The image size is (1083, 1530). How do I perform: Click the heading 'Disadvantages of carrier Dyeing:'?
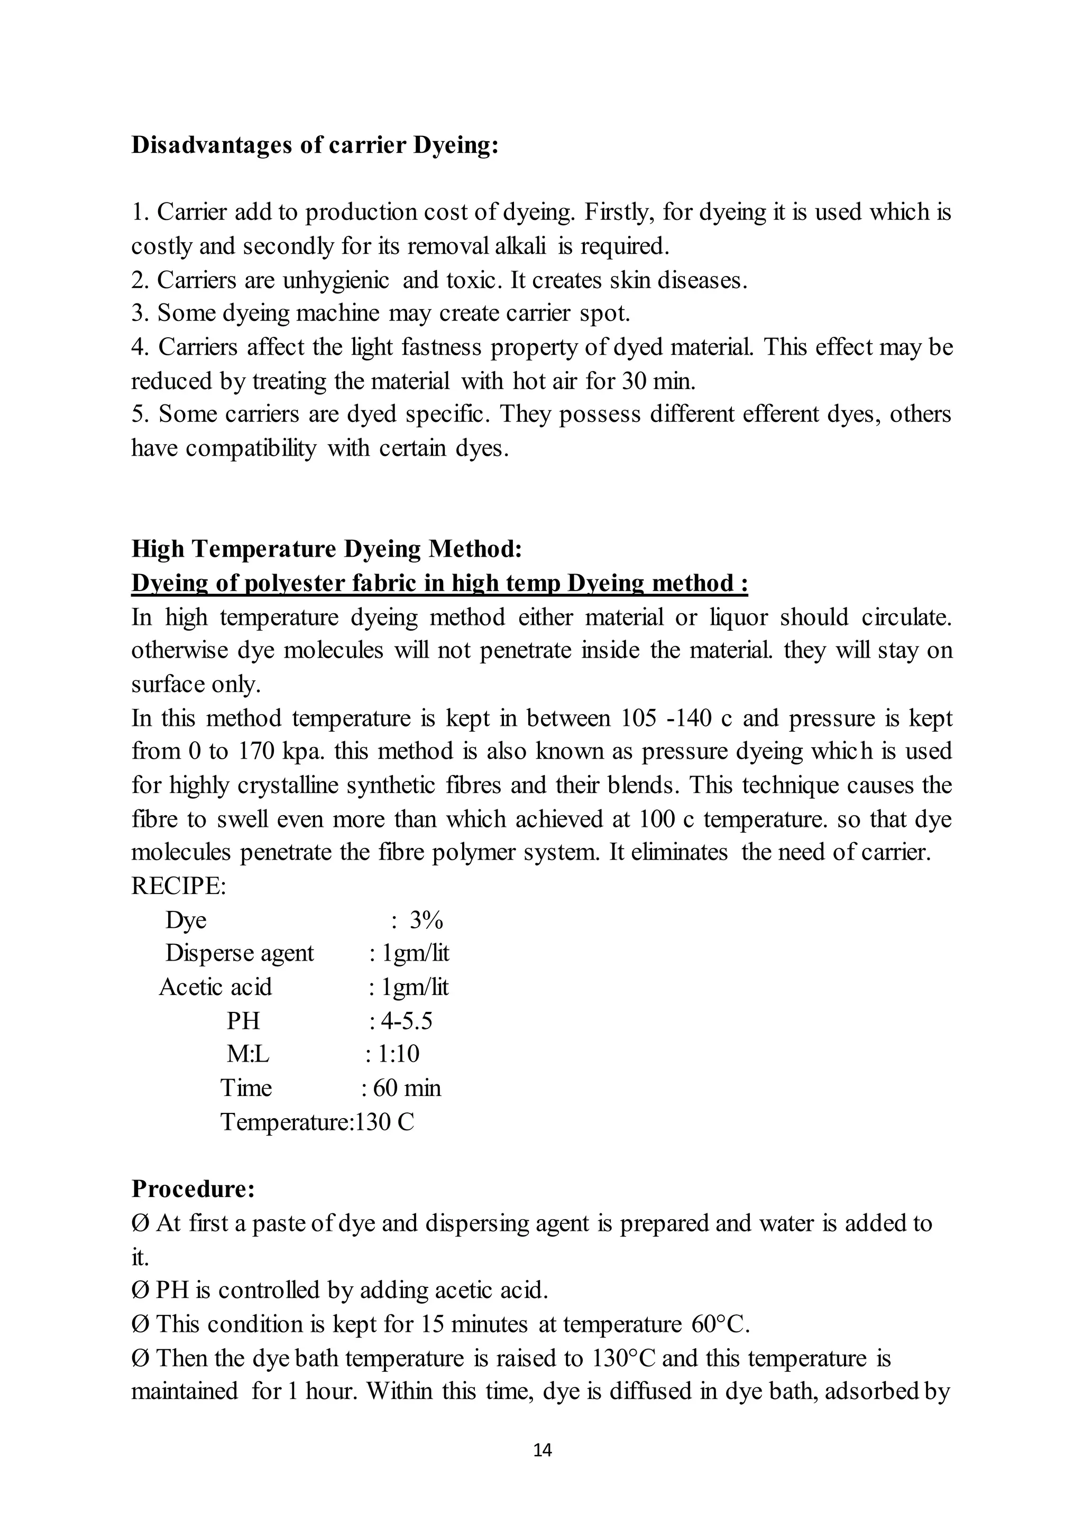314,145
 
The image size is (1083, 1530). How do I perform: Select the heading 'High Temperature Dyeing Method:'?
326,549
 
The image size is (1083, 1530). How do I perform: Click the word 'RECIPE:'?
179,886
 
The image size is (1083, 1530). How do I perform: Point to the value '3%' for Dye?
426,920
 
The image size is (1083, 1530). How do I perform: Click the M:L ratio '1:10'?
398,1054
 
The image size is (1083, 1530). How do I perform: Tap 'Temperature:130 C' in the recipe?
317,1122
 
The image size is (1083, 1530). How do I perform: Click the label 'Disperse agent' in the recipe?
240,953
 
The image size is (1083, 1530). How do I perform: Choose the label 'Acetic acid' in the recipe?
215,987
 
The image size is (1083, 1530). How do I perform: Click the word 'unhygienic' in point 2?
335,281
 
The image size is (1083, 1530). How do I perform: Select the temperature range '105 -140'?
668,718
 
